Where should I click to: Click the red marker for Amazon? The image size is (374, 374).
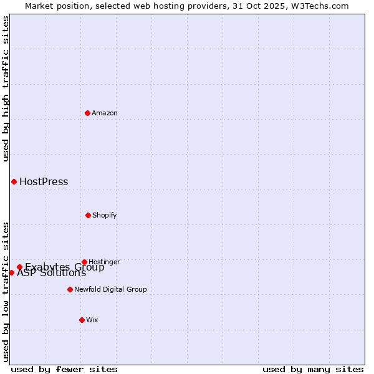[87, 113]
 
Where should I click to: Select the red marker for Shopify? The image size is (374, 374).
[88, 215]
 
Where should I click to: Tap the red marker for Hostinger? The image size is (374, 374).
[84, 262]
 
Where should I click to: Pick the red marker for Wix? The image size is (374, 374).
[82, 320]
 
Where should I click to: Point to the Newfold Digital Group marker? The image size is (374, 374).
[70, 289]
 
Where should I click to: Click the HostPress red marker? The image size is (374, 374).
[14, 181]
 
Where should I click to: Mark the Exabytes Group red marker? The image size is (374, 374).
[19, 267]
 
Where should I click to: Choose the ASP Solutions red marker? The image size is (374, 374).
[11, 272]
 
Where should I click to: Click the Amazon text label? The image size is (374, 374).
[105, 113]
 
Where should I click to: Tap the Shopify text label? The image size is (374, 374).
[105, 215]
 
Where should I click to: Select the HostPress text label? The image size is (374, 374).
[44, 182]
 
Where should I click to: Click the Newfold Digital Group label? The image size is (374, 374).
[110, 289]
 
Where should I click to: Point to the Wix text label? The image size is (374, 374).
[92, 320]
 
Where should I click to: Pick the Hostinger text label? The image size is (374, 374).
[104, 262]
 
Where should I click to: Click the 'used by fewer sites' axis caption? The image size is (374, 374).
[64, 369]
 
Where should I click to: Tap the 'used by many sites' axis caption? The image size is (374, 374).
[313, 369]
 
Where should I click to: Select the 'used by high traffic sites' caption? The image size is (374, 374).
[6, 89]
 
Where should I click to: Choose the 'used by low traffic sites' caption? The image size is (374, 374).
[6, 292]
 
